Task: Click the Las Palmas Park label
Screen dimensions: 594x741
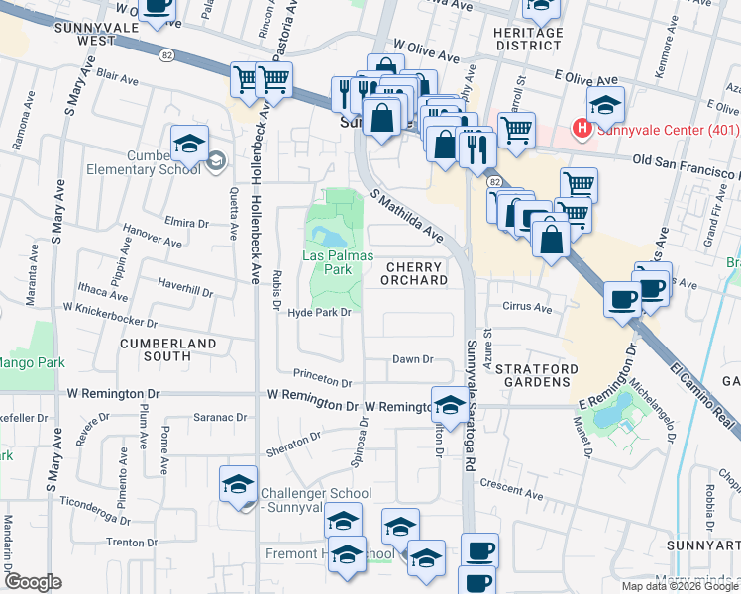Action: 338,262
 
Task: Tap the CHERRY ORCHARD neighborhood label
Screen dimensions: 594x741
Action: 416,274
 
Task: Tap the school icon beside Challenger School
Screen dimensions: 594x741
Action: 238,484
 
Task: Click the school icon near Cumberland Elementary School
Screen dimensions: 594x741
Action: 189,144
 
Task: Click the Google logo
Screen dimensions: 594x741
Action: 33,582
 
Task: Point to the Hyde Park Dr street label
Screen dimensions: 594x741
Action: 320,313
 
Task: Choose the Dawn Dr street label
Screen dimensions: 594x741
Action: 413,359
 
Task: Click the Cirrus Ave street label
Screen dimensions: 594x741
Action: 527,308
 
